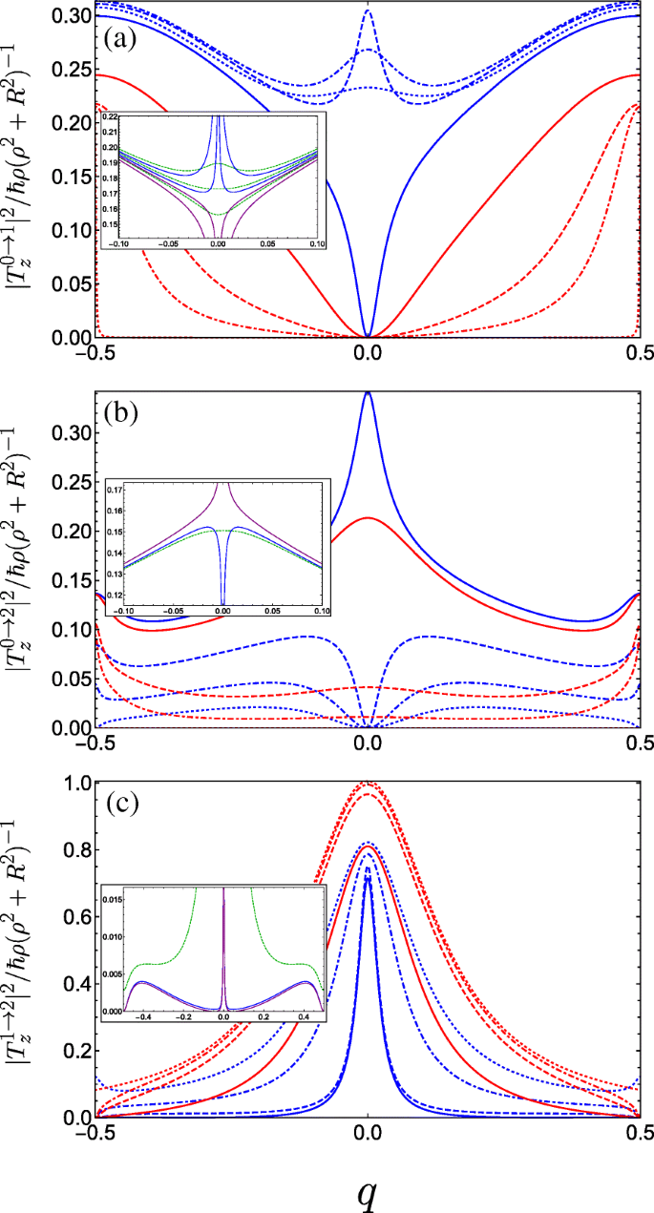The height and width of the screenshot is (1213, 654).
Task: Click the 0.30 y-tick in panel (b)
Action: (x=71, y=433)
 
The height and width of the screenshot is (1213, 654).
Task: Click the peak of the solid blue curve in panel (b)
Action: (x=368, y=392)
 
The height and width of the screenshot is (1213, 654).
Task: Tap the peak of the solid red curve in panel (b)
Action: (x=368, y=517)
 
